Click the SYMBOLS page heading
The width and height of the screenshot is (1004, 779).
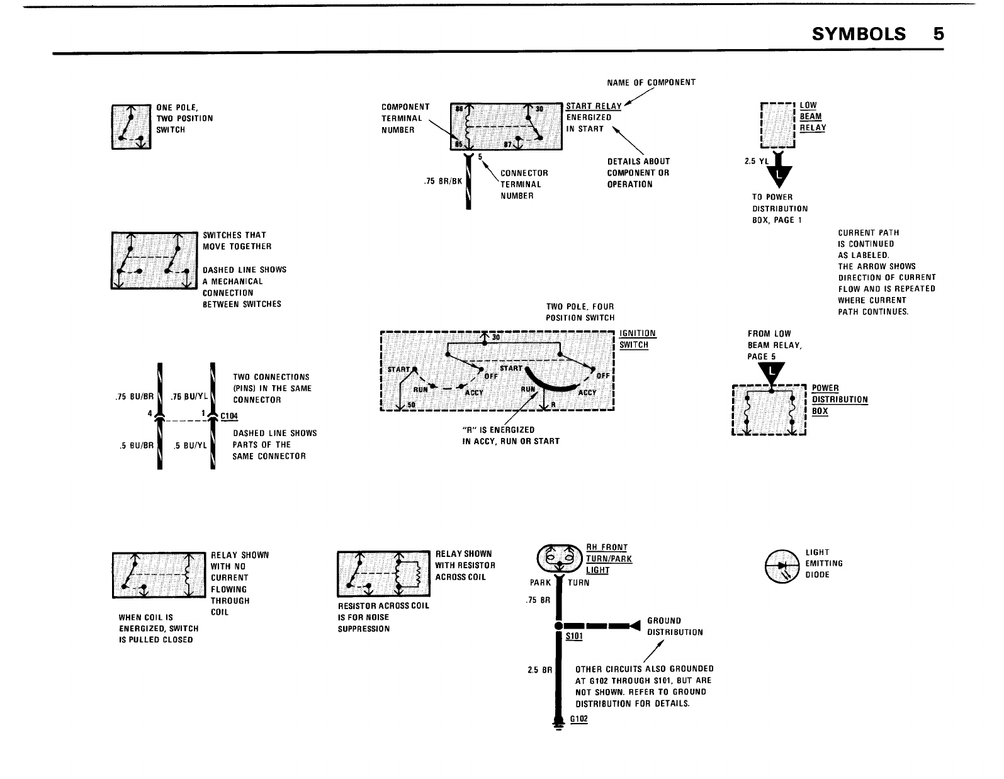click(x=859, y=33)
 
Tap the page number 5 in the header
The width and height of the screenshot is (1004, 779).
click(x=939, y=33)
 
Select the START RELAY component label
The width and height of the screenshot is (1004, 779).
click(x=594, y=106)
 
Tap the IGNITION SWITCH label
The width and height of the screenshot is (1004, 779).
click(x=637, y=339)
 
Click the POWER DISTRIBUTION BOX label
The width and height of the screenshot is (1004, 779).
click(x=840, y=400)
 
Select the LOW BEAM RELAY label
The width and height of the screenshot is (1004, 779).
click(x=813, y=116)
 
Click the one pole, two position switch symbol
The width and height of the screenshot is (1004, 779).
click(x=131, y=127)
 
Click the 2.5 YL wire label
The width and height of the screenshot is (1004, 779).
click(x=757, y=161)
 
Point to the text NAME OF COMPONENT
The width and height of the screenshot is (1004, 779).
click(x=651, y=82)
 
